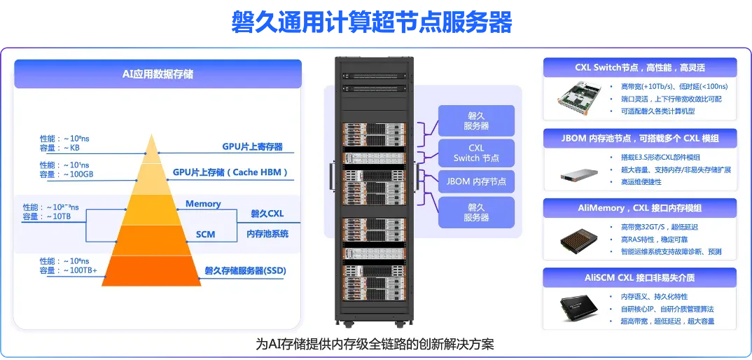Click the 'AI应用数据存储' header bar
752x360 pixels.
coord(158,74)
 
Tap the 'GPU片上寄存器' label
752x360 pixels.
coord(252,147)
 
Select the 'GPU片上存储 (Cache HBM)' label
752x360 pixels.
coord(230,172)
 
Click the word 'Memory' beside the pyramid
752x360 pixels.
coord(203,204)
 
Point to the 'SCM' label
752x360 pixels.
coord(205,234)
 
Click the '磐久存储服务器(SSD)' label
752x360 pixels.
coord(245,271)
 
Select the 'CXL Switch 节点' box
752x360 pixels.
coord(476,153)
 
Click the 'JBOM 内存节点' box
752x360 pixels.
coord(476,182)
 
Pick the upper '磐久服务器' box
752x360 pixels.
coord(476,120)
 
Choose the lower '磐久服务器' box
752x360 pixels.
coord(476,212)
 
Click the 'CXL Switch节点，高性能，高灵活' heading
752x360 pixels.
coord(639,68)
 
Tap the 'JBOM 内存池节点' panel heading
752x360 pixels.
coord(639,138)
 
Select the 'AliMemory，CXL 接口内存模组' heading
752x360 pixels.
coord(639,208)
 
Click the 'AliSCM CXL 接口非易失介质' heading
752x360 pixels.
coord(639,278)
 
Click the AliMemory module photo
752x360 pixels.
coord(579,240)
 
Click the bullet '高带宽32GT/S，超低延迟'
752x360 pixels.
coord(659,227)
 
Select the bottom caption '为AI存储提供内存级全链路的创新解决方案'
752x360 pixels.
coord(375,345)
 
